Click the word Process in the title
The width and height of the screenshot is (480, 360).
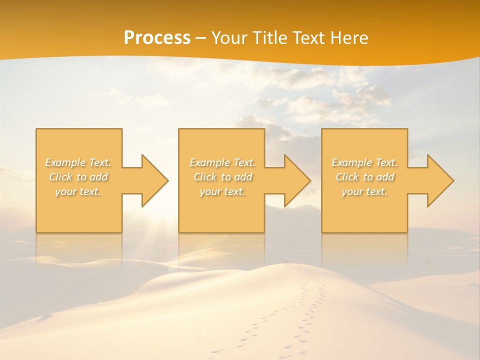click(x=157, y=38)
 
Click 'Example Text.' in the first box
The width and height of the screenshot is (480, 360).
click(x=78, y=162)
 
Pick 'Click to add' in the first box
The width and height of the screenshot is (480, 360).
click(x=78, y=177)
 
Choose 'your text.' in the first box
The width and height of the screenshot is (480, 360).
click(x=78, y=191)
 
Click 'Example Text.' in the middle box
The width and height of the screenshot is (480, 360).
click(x=222, y=162)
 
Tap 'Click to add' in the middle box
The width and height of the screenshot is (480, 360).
click(x=222, y=177)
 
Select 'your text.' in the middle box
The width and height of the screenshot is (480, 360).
click(x=222, y=191)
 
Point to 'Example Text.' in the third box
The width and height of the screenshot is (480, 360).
click(x=364, y=162)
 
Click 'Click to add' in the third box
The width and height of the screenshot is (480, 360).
click(x=364, y=177)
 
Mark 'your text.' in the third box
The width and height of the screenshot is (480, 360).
click(x=364, y=191)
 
